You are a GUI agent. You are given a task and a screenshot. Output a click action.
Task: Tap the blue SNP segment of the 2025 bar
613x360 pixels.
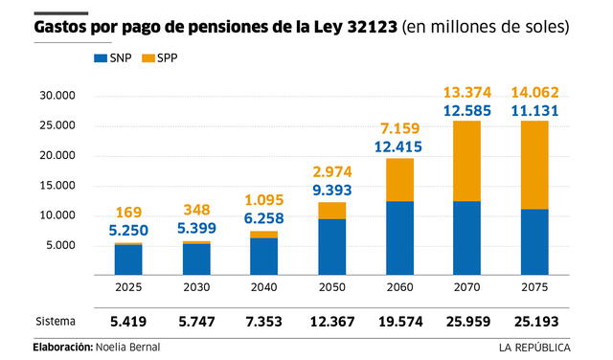pyautogui.click(x=129, y=259)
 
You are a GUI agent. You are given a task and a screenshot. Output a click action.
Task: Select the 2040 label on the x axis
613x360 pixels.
pyautogui.click(x=264, y=285)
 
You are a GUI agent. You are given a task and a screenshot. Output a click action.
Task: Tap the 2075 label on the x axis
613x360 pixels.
pyautogui.click(x=534, y=285)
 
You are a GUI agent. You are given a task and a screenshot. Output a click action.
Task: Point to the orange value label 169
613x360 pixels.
pyautogui.click(x=129, y=213)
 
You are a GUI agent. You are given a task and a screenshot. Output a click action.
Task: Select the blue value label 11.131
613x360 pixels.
pyautogui.click(x=534, y=110)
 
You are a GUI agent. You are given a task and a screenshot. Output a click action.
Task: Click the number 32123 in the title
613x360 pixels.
pyautogui.click(x=359, y=27)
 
